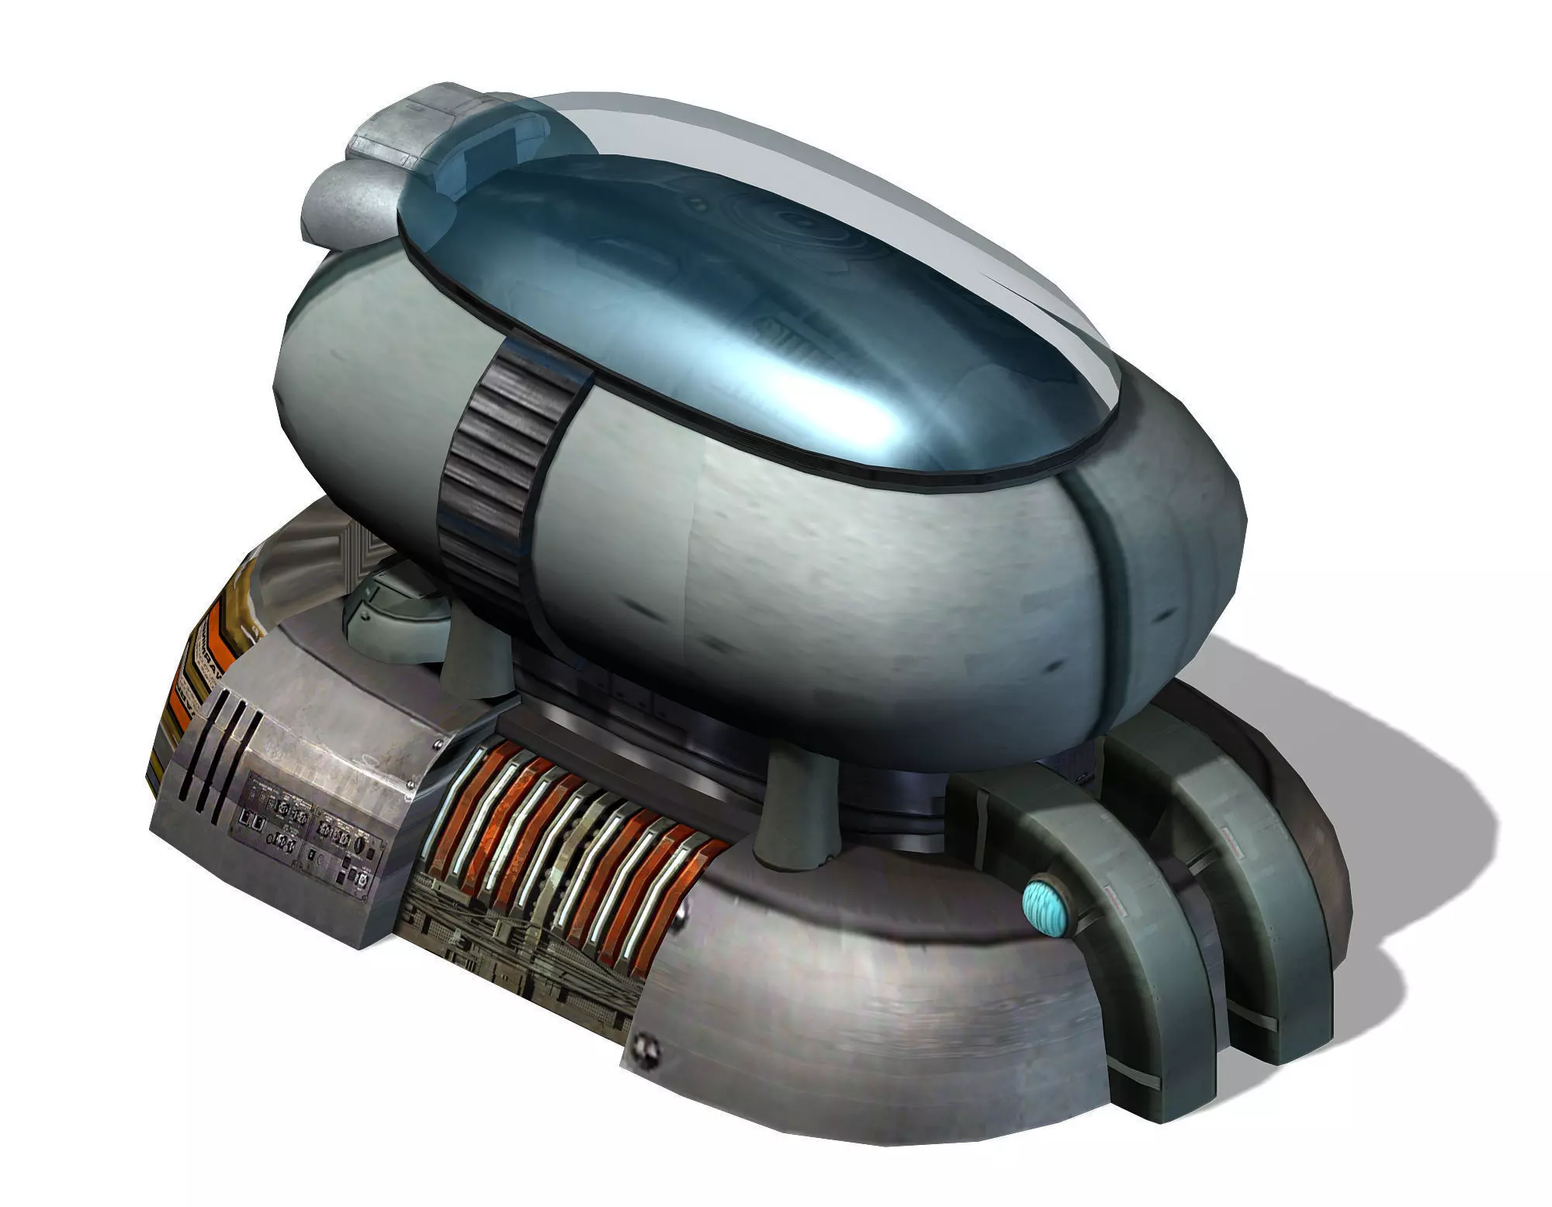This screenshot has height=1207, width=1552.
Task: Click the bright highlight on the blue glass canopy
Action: [838, 403]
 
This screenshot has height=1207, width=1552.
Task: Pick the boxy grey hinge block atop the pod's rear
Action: [411, 124]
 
